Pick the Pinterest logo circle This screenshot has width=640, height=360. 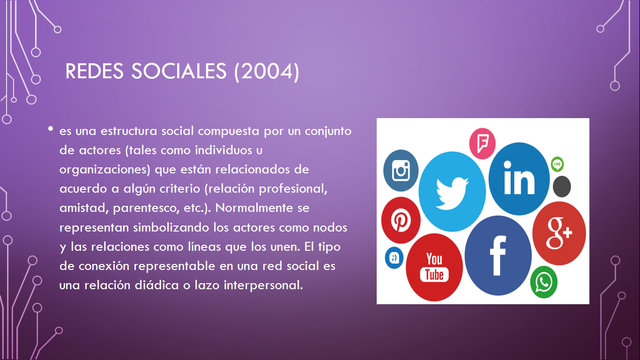tap(401, 219)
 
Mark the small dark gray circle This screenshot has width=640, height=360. tap(562, 186)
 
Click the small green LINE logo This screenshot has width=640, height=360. tap(558, 163)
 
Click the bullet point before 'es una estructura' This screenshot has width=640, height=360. tap(49, 130)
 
